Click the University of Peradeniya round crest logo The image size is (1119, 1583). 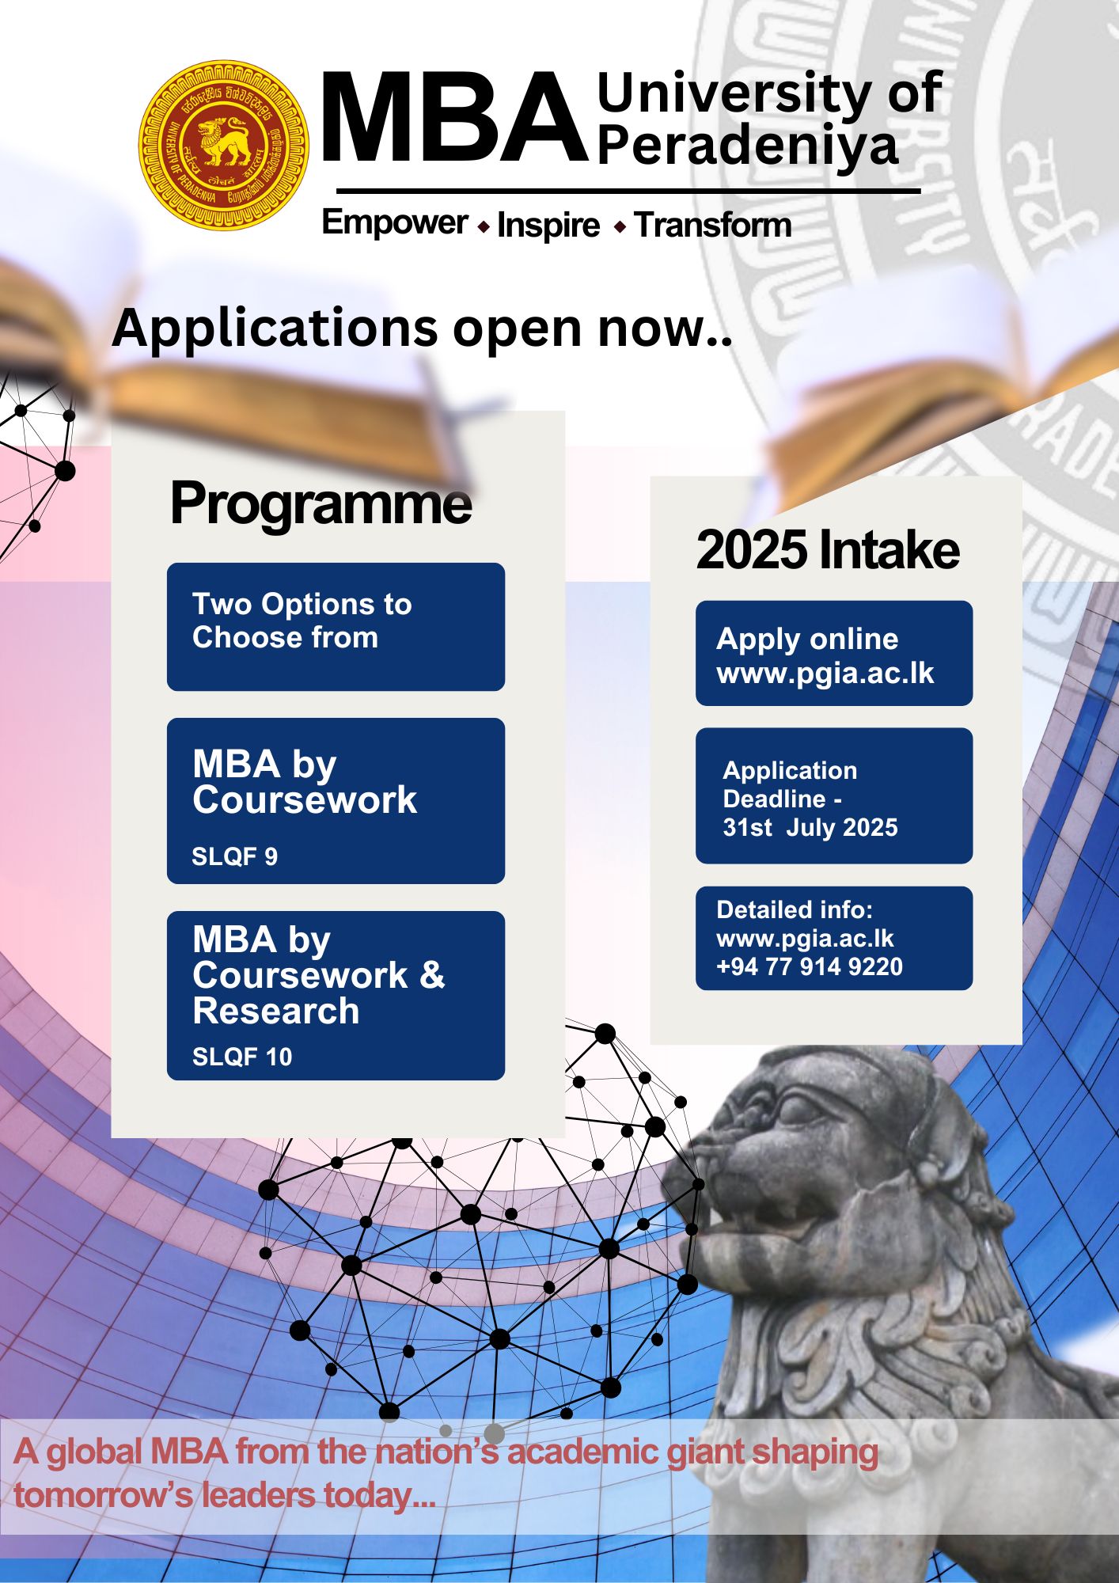(x=224, y=146)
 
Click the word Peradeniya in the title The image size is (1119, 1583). (x=748, y=146)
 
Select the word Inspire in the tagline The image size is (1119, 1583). (x=548, y=226)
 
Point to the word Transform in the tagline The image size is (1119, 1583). (x=713, y=225)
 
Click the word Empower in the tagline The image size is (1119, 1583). (x=395, y=222)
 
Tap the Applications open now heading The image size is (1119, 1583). (x=423, y=328)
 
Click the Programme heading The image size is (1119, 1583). (x=321, y=504)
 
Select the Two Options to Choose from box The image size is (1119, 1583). (x=336, y=627)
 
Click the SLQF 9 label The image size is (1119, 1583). (x=234, y=856)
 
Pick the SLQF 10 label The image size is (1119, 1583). (x=242, y=1057)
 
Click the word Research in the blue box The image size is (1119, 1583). (x=276, y=1011)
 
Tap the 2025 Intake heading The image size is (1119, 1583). (x=828, y=550)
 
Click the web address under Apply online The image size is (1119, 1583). (x=825, y=674)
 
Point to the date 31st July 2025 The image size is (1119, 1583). (x=810, y=828)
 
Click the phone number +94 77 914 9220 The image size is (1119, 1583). (x=810, y=966)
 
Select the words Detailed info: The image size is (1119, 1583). (x=795, y=910)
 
